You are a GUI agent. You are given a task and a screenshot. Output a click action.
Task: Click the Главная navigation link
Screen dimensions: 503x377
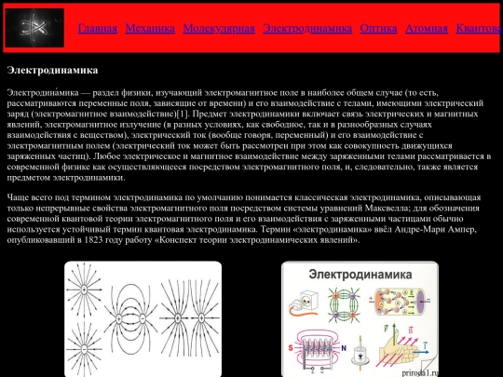click(98, 29)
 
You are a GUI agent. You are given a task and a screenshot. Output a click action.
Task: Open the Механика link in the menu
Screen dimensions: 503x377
click(150, 29)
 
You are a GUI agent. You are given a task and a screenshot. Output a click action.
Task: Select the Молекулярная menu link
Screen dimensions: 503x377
click(219, 29)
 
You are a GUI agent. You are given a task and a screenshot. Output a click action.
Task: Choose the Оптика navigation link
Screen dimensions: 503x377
click(379, 29)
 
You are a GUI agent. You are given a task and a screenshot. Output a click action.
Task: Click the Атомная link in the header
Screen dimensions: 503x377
click(428, 29)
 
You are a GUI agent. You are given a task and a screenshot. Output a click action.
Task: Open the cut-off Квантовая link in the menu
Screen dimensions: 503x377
click(479, 29)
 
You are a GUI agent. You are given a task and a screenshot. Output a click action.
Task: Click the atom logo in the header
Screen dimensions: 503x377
click(34, 28)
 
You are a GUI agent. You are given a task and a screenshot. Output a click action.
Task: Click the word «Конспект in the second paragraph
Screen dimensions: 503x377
click(183, 238)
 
